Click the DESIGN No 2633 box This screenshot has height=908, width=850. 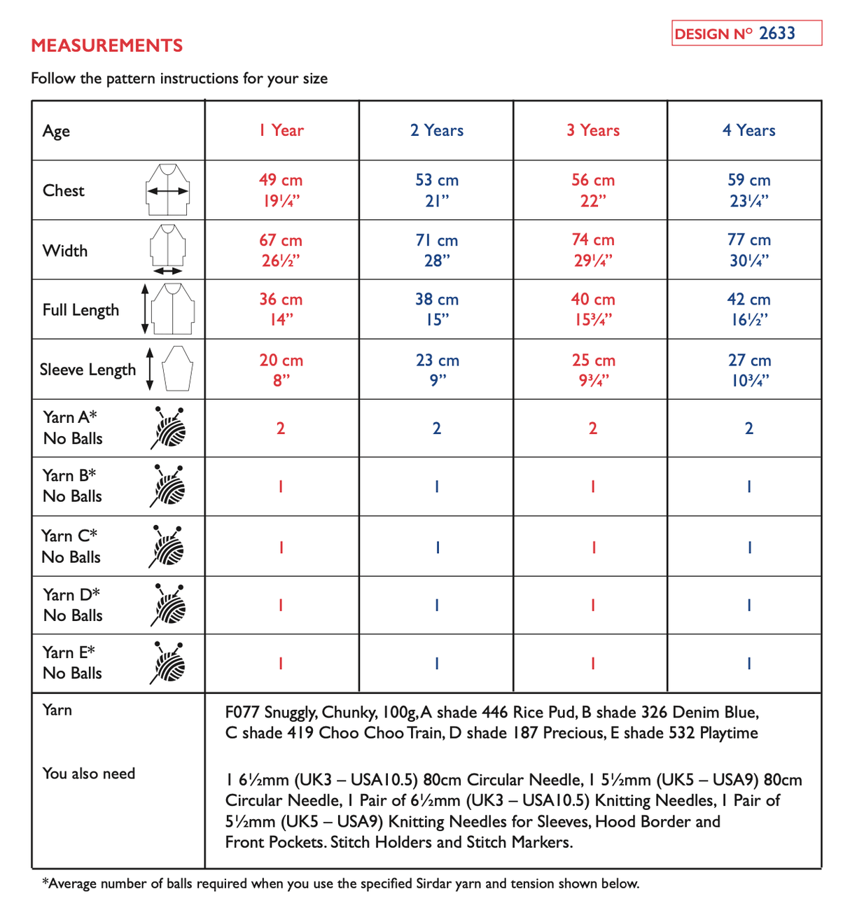[x=746, y=33]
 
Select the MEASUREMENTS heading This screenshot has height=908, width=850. [x=106, y=46]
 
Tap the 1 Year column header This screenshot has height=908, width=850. [x=281, y=130]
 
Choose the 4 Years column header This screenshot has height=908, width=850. [x=748, y=130]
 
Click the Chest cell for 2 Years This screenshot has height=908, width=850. [x=436, y=190]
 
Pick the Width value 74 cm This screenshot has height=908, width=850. [x=592, y=240]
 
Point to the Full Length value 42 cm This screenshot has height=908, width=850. [x=748, y=300]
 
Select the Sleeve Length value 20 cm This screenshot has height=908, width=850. [x=281, y=361]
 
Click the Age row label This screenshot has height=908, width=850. [x=56, y=131]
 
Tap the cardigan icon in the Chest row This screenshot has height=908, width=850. [x=168, y=190]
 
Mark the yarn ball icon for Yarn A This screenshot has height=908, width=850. [x=169, y=428]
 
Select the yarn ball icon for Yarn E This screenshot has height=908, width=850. [x=168, y=663]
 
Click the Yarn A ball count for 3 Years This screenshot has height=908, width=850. [x=592, y=428]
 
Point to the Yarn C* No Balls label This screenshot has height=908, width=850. [x=71, y=546]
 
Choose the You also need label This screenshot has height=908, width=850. [x=88, y=774]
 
